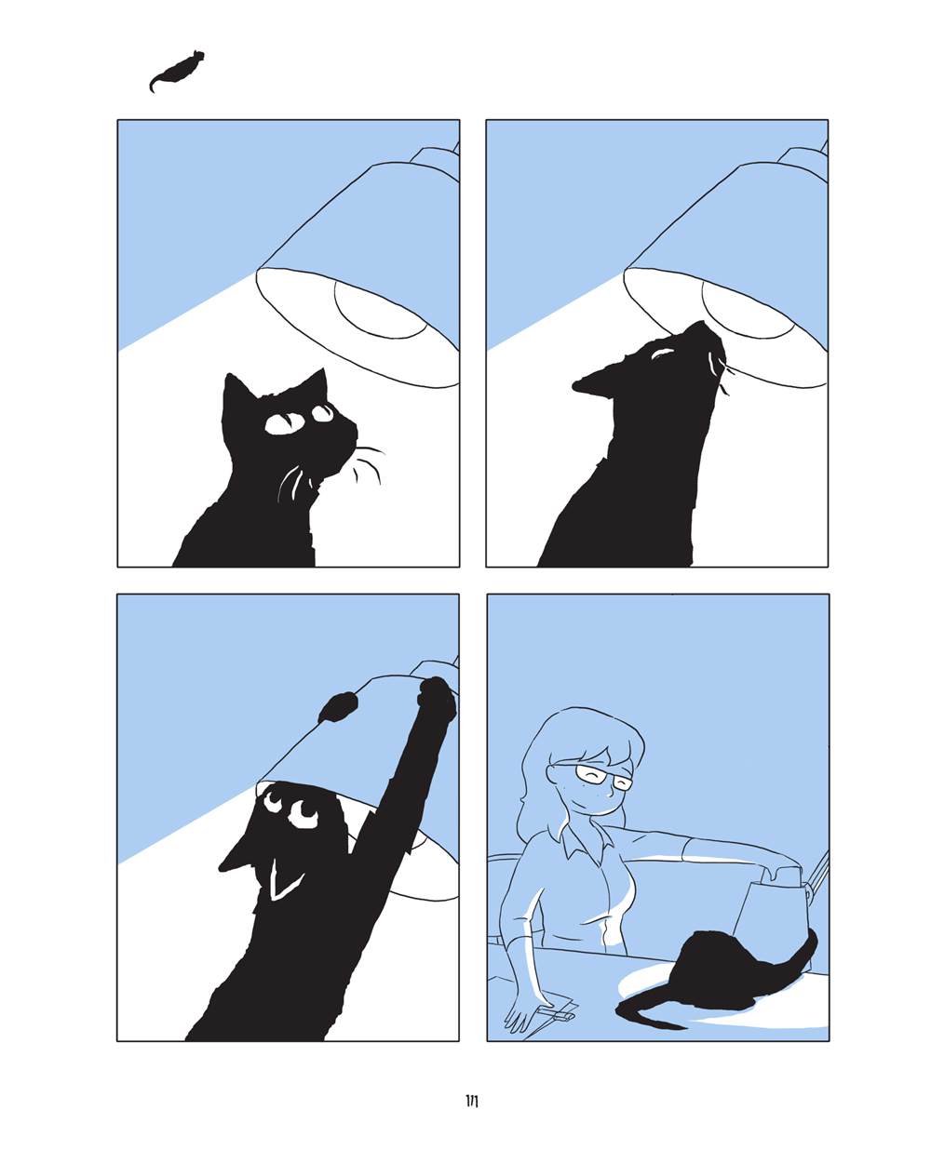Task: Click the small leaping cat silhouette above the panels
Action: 176,72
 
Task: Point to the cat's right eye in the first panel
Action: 323,413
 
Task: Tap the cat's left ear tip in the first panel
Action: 228,375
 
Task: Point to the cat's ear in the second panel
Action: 587,382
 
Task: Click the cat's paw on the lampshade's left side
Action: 339,708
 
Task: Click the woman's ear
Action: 553,776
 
